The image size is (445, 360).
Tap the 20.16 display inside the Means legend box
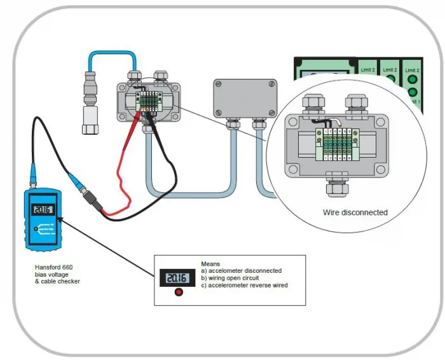tap(172, 277)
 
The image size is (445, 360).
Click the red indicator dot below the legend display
tap(179, 292)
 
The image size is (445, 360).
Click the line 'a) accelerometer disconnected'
tap(241, 271)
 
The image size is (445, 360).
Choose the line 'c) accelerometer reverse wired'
tap(244, 286)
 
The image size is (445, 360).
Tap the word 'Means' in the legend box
tap(210, 263)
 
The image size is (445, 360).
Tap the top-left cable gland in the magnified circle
tap(313, 102)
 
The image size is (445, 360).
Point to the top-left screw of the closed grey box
tap(218, 83)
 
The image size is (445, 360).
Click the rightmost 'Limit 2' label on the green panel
tap(412, 69)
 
